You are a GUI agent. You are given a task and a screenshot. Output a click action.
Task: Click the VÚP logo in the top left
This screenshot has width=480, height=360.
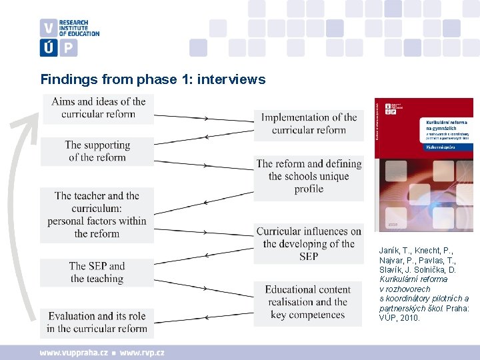58,37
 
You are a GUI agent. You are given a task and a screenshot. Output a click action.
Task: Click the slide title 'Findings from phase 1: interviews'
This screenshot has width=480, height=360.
153,80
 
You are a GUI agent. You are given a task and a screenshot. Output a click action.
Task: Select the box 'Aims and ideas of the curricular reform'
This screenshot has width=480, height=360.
99,108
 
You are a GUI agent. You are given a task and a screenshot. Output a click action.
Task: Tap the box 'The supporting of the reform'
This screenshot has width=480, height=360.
97,151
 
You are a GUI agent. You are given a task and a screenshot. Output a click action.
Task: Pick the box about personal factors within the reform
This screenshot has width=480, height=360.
97,215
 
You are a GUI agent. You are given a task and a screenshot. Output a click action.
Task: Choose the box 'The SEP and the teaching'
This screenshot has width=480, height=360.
97,272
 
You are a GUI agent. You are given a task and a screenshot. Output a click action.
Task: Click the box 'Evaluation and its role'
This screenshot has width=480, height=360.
97,322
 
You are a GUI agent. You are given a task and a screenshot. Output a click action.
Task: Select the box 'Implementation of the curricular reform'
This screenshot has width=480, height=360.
309,123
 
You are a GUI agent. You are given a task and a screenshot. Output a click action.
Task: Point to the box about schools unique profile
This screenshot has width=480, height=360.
309,176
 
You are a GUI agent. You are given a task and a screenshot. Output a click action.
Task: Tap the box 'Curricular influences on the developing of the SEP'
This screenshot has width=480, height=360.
309,243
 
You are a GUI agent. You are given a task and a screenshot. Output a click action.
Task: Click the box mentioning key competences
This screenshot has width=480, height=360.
308,302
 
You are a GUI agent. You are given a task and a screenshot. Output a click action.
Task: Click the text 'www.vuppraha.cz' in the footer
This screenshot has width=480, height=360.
73,353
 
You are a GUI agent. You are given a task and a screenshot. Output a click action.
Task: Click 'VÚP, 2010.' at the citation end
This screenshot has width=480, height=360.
400,318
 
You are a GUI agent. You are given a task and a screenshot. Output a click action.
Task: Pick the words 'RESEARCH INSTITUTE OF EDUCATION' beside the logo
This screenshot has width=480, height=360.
79,28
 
